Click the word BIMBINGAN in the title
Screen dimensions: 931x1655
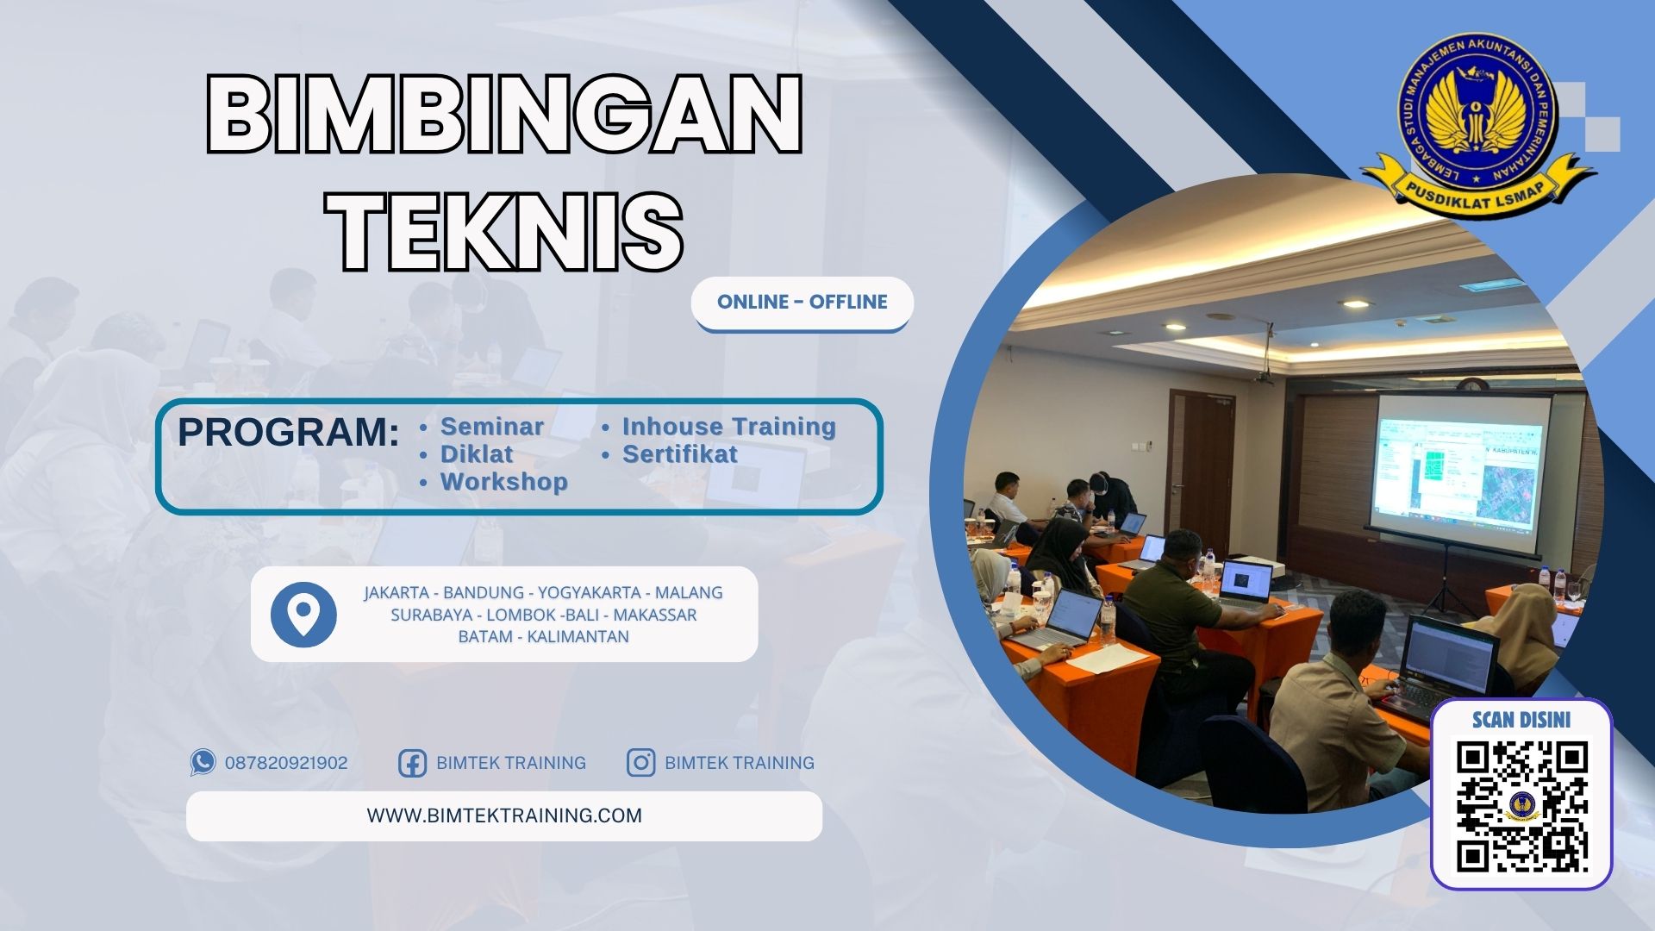pos(504,115)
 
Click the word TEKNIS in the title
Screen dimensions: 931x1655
pos(509,231)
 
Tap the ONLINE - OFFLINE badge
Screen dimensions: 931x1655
pos(802,303)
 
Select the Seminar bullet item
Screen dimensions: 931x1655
pos(491,427)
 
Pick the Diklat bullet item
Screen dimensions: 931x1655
pos(476,454)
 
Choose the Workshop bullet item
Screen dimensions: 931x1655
pos(503,482)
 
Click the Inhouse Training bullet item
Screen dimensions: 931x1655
pos(728,427)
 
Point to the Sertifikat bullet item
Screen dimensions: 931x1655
pos(679,454)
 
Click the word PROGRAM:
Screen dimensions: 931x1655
pos(288,432)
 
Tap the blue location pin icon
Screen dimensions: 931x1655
pos(303,615)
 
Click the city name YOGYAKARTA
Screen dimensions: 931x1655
pos(589,593)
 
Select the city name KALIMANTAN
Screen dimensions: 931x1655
pos(578,637)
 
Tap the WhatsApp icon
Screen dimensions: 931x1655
pos(203,762)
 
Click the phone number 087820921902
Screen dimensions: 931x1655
pos(286,763)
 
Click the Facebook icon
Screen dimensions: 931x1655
pos(412,763)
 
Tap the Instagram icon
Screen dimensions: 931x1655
pos(640,763)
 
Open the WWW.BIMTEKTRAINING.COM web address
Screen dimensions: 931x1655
pos(504,815)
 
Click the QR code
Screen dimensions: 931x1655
pos(1521,806)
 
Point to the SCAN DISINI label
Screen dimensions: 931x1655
pos(1521,720)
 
